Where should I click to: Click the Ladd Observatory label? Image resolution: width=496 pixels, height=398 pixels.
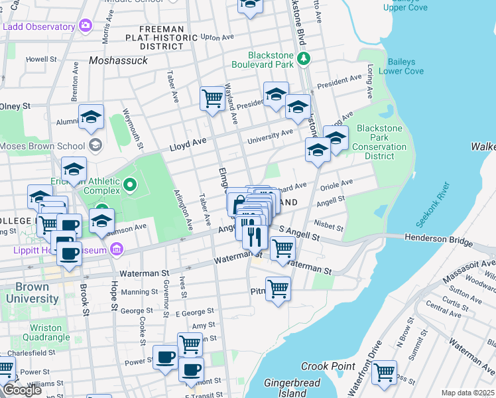(x=38, y=27)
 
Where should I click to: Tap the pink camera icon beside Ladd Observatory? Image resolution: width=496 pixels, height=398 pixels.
(x=85, y=27)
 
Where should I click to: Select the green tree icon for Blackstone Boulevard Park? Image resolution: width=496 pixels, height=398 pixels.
(x=304, y=59)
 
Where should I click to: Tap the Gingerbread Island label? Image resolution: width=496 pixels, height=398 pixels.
(x=292, y=388)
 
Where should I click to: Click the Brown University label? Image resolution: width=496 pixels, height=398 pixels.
(x=32, y=293)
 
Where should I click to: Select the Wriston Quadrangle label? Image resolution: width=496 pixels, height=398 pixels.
(x=50, y=333)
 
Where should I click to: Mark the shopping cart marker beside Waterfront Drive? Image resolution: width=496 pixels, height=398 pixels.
(x=384, y=373)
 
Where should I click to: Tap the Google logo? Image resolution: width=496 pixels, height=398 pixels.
(x=22, y=390)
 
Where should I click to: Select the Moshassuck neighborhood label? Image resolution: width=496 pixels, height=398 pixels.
(x=117, y=60)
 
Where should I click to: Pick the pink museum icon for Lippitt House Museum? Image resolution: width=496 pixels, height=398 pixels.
(x=117, y=249)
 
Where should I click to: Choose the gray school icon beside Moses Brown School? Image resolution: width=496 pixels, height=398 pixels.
(x=95, y=145)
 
